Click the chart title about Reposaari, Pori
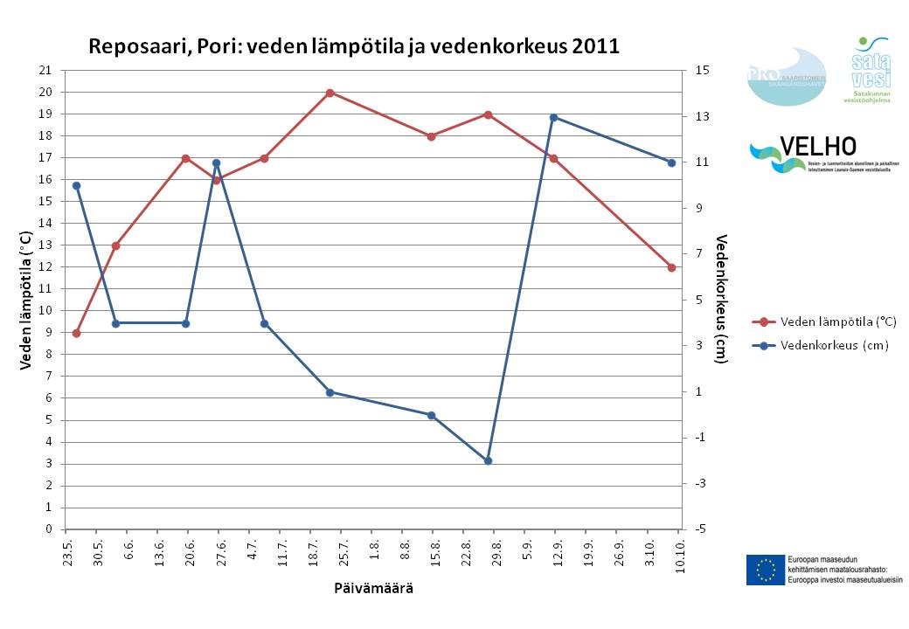[353, 47]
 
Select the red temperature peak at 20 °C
[330, 93]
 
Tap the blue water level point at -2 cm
[489, 460]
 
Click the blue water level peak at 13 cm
[553, 117]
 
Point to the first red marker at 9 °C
[77, 333]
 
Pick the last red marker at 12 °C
[671, 267]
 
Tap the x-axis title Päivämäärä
[373, 588]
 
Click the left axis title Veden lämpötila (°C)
[26, 300]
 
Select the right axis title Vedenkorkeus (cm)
[721, 300]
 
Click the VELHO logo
[804, 154]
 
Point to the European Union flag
[765, 570]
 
